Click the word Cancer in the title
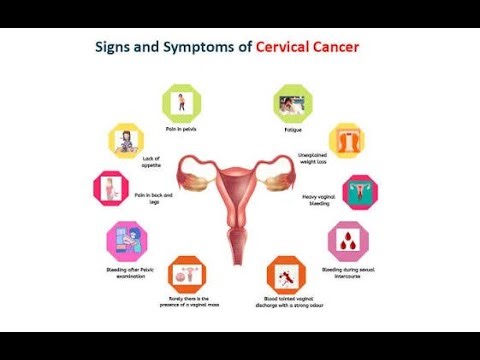pos(334,47)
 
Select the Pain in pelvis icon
pos(181,101)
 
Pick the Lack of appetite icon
pos(127,140)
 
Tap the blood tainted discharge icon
pos(286,275)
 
